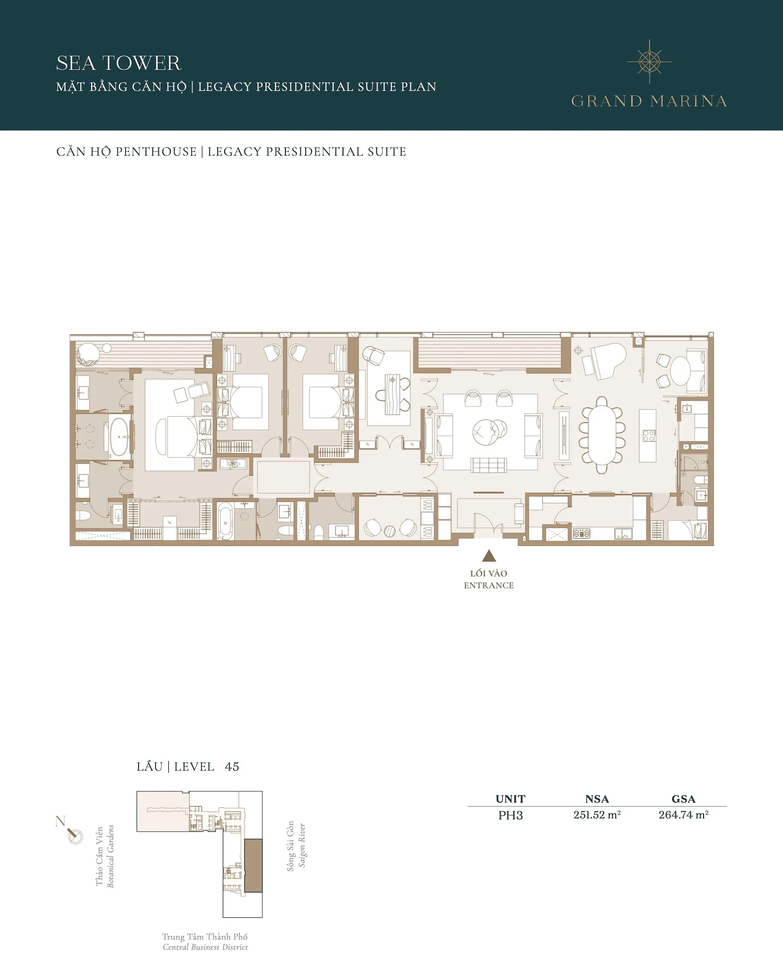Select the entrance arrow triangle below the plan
pyautogui.click(x=489, y=555)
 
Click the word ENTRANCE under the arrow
pyautogui.click(x=489, y=585)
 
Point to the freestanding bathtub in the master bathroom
pyautogui.click(x=119, y=436)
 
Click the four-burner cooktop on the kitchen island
pyautogui.click(x=649, y=436)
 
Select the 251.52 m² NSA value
pyautogui.click(x=597, y=815)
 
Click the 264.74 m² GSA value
pyautogui.click(x=683, y=815)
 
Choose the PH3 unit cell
pyautogui.click(x=510, y=815)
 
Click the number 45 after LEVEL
pyautogui.click(x=232, y=767)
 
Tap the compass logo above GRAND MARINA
pyautogui.click(x=649, y=61)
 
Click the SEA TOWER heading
pyautogui.click(x=119, y=63)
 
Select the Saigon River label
pyautogui.click(x=302, y=845)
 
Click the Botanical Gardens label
pyautogui.click(x=110, y=856)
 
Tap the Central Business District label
pyautogui.click(x=205, y=947)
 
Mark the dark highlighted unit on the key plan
pyautogui.click(x=253, y=865)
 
